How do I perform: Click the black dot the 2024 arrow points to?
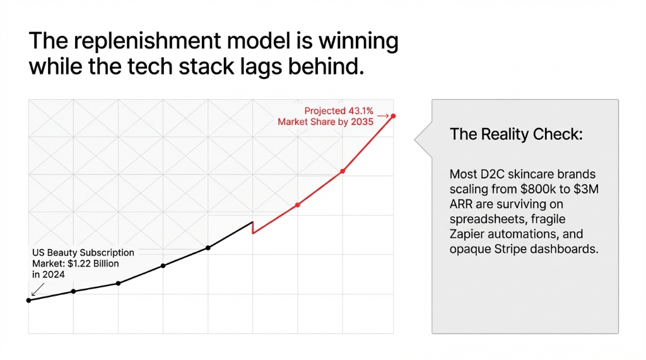tap(28, 300)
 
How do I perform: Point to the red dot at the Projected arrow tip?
tap(393, 116)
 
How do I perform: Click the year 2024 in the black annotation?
tap(54, 274)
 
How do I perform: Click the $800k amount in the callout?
tap(533, 189)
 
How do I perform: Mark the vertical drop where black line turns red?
tap(252, 228)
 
